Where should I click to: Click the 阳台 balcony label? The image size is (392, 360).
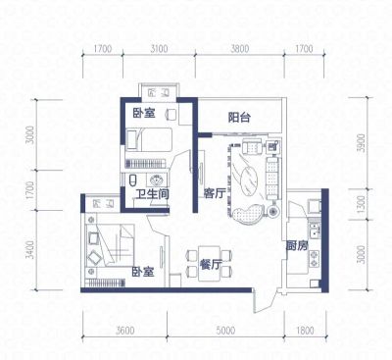pos(239,117)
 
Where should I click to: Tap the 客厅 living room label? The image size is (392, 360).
pos(215,193)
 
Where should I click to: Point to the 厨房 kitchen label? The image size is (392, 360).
pos(297,245)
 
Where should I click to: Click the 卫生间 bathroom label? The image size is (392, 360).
pos(152,194)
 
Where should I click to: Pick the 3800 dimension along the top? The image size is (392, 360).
pos(240,49)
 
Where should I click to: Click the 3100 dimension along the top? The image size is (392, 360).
pos(159,49)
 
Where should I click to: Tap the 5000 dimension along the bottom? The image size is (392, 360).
pos(225,331)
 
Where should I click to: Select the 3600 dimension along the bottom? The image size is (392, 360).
pos(124,331)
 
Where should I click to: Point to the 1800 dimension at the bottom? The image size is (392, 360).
pos(305,331)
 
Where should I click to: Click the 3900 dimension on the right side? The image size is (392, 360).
pos(361,142)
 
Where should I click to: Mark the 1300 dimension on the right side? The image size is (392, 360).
pos(361,204)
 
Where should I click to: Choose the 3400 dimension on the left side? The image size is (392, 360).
pos(30,250)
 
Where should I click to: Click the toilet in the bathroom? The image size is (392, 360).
pos(132,180)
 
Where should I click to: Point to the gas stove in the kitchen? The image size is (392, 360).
pos(315,258)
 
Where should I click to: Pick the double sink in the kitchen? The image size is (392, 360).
pos(315,231)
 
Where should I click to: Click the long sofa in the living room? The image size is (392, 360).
pos(272,179)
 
